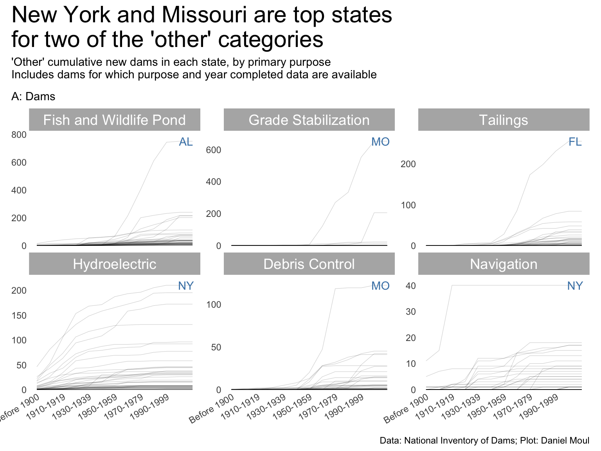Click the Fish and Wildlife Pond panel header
(114, 120)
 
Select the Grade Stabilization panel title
(309, 120)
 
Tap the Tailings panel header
(504, 120)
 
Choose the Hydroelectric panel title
(114, 264)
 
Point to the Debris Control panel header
(309, 264)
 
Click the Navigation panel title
(504, 264)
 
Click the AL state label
(186, 142)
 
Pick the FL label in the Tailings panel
(575, 142)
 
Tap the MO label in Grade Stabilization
(380, 142)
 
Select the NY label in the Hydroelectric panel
(186, 286)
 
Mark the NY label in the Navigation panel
(575, 286)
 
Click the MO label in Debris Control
(380, 286)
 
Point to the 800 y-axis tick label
(19, 135)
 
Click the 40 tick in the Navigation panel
(410, 286)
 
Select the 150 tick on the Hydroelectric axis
(19, 316)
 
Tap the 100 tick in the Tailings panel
(408, 205)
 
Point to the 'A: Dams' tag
(33, 96)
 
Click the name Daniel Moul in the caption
(565, 440)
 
